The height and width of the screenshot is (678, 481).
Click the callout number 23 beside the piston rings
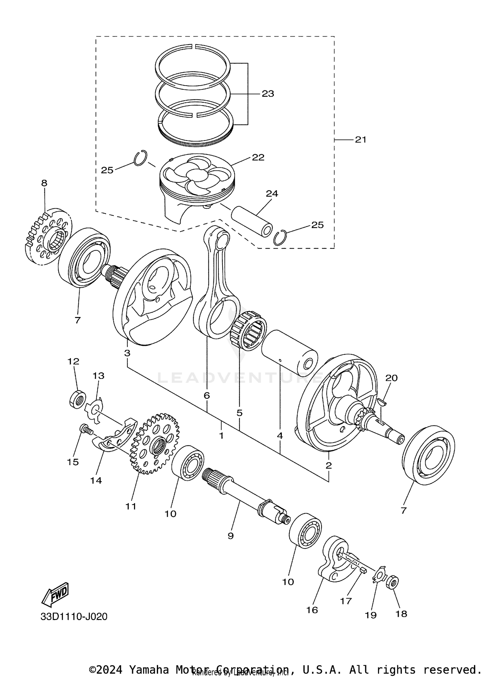tap(268, 94)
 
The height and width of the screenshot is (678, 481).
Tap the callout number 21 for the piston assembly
tap(360, 140)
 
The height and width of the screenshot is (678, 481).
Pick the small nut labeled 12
tap(77, 399)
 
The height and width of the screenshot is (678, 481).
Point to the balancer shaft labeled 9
tap(244, 498)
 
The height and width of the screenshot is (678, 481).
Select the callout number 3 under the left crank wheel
tap(127, 353)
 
